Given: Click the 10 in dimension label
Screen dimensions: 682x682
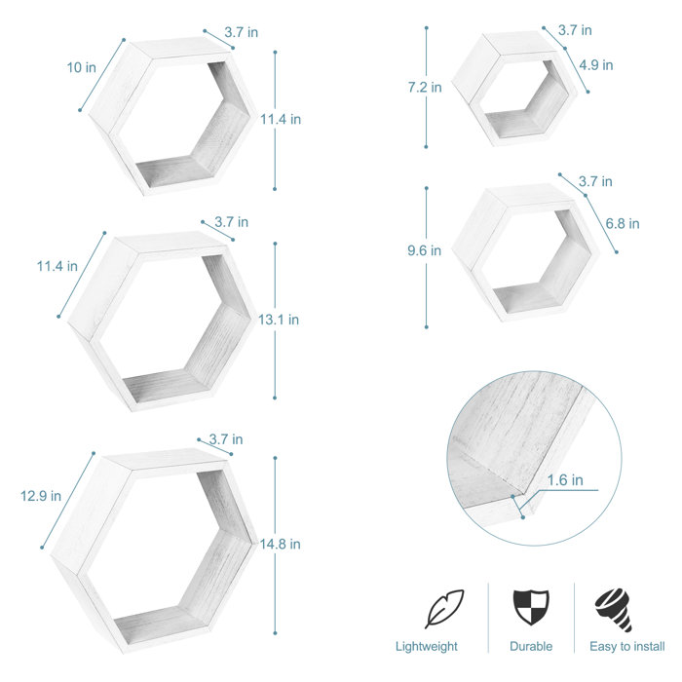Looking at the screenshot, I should (82, 68).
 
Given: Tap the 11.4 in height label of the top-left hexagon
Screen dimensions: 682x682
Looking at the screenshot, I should (281, 120).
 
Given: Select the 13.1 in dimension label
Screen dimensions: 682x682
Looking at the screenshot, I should (280, 319).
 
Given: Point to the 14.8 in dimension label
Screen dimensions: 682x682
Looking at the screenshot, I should (281, 544).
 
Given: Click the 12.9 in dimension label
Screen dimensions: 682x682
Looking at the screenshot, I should (41, 496).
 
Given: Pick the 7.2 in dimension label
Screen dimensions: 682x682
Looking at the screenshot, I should (424, 88).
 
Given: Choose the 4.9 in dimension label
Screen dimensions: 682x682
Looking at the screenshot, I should (595, 65).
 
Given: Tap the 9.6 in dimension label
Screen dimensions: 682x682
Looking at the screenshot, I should (424, 250).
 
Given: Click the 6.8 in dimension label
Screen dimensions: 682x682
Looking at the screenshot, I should (623, 223).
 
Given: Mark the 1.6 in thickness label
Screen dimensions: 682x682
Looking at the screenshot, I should (565, 479).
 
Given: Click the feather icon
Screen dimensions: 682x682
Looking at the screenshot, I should (444, 609).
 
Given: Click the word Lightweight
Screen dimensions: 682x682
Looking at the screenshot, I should (427, 646).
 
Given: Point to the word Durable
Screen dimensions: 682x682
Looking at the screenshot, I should (531, 646).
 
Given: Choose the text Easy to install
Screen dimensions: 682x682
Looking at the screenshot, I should (627, 646).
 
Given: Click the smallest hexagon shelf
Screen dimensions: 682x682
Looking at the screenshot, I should (516, 89).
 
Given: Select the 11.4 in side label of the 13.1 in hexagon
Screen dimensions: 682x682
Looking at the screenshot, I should (57, 266).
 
